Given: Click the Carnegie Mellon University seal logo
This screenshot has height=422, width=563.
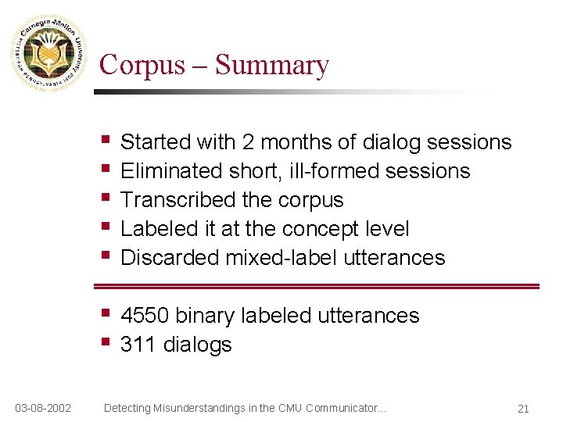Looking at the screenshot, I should tap(49, 52).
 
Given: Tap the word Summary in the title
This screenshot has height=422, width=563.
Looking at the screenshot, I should tap(272, 64).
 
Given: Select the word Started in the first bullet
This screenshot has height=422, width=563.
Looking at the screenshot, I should tap(156, 142).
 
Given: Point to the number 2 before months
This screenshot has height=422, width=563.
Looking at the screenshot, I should tap(248, 142).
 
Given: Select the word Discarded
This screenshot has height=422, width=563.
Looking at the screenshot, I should tap(170, 258).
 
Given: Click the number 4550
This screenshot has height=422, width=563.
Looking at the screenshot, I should tap(145, 316).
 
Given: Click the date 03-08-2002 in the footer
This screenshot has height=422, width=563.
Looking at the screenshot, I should tap(44, 407).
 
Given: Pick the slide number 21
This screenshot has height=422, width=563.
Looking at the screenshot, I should tap(523, 408).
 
